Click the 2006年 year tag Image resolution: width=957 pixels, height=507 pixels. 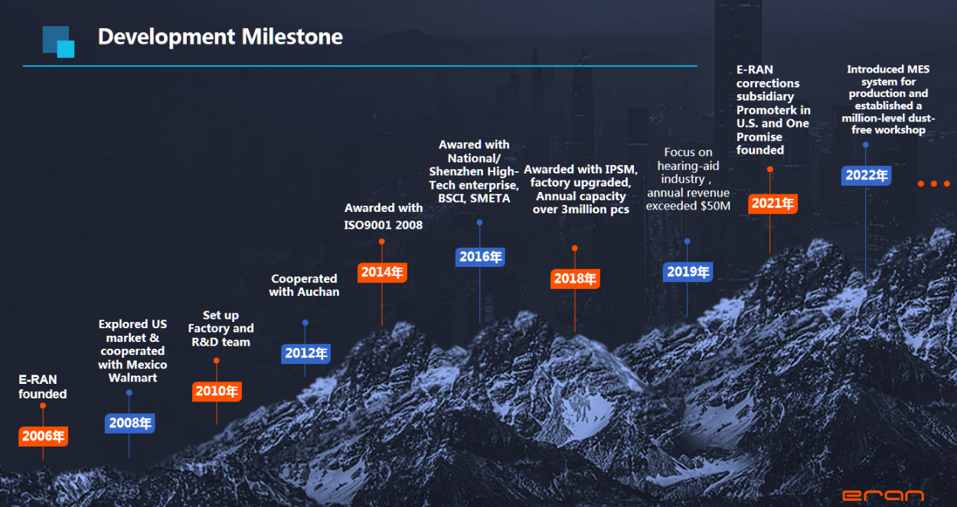coord(43,436)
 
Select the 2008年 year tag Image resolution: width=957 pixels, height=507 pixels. coord(130,423)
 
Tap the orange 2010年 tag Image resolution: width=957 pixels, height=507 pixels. coord(217,392)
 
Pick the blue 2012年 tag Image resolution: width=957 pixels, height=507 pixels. coord(306,353)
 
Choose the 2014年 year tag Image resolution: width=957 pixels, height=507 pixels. coord(382,272)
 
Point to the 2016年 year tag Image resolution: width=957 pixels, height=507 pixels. coord(480,257)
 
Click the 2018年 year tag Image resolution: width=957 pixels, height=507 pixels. coord(575,278)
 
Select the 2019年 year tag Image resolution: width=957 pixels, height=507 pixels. coord(688,271)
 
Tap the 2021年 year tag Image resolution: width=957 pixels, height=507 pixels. coord(772,203)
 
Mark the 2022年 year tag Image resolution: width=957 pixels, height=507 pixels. coord(867,175)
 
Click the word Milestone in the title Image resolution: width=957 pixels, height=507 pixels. coord(292,37)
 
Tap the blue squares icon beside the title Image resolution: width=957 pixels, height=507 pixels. coord(58,42)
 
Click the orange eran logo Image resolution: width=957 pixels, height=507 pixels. coord(883,495)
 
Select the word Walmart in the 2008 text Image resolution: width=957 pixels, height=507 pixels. coord(132,378)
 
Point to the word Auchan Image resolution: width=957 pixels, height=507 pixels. coord(318,292)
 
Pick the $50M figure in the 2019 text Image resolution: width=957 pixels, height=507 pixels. coord(716,206)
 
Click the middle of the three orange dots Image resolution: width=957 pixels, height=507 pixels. coord(934,184)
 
